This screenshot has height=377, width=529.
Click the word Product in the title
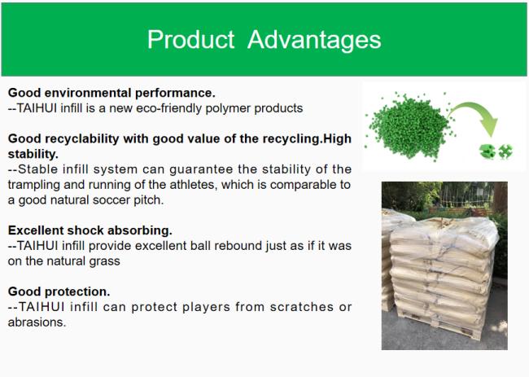coord(190,39)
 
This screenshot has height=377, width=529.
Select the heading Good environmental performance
coord(111,93)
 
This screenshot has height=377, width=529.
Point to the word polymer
coord(228,109)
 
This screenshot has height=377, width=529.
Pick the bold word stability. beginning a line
coord(33,154)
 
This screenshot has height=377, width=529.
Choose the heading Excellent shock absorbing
coord(90,230)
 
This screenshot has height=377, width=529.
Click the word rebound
coord(238,246)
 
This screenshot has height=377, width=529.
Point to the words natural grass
coord(83,261)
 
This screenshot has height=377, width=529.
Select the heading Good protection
coord(59,292)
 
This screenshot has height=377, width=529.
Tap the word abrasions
coord(37,322)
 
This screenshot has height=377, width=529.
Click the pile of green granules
coord(410,126)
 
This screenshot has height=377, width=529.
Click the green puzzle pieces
coord(496,151)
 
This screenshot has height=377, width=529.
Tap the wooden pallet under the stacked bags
coord(439,325)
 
